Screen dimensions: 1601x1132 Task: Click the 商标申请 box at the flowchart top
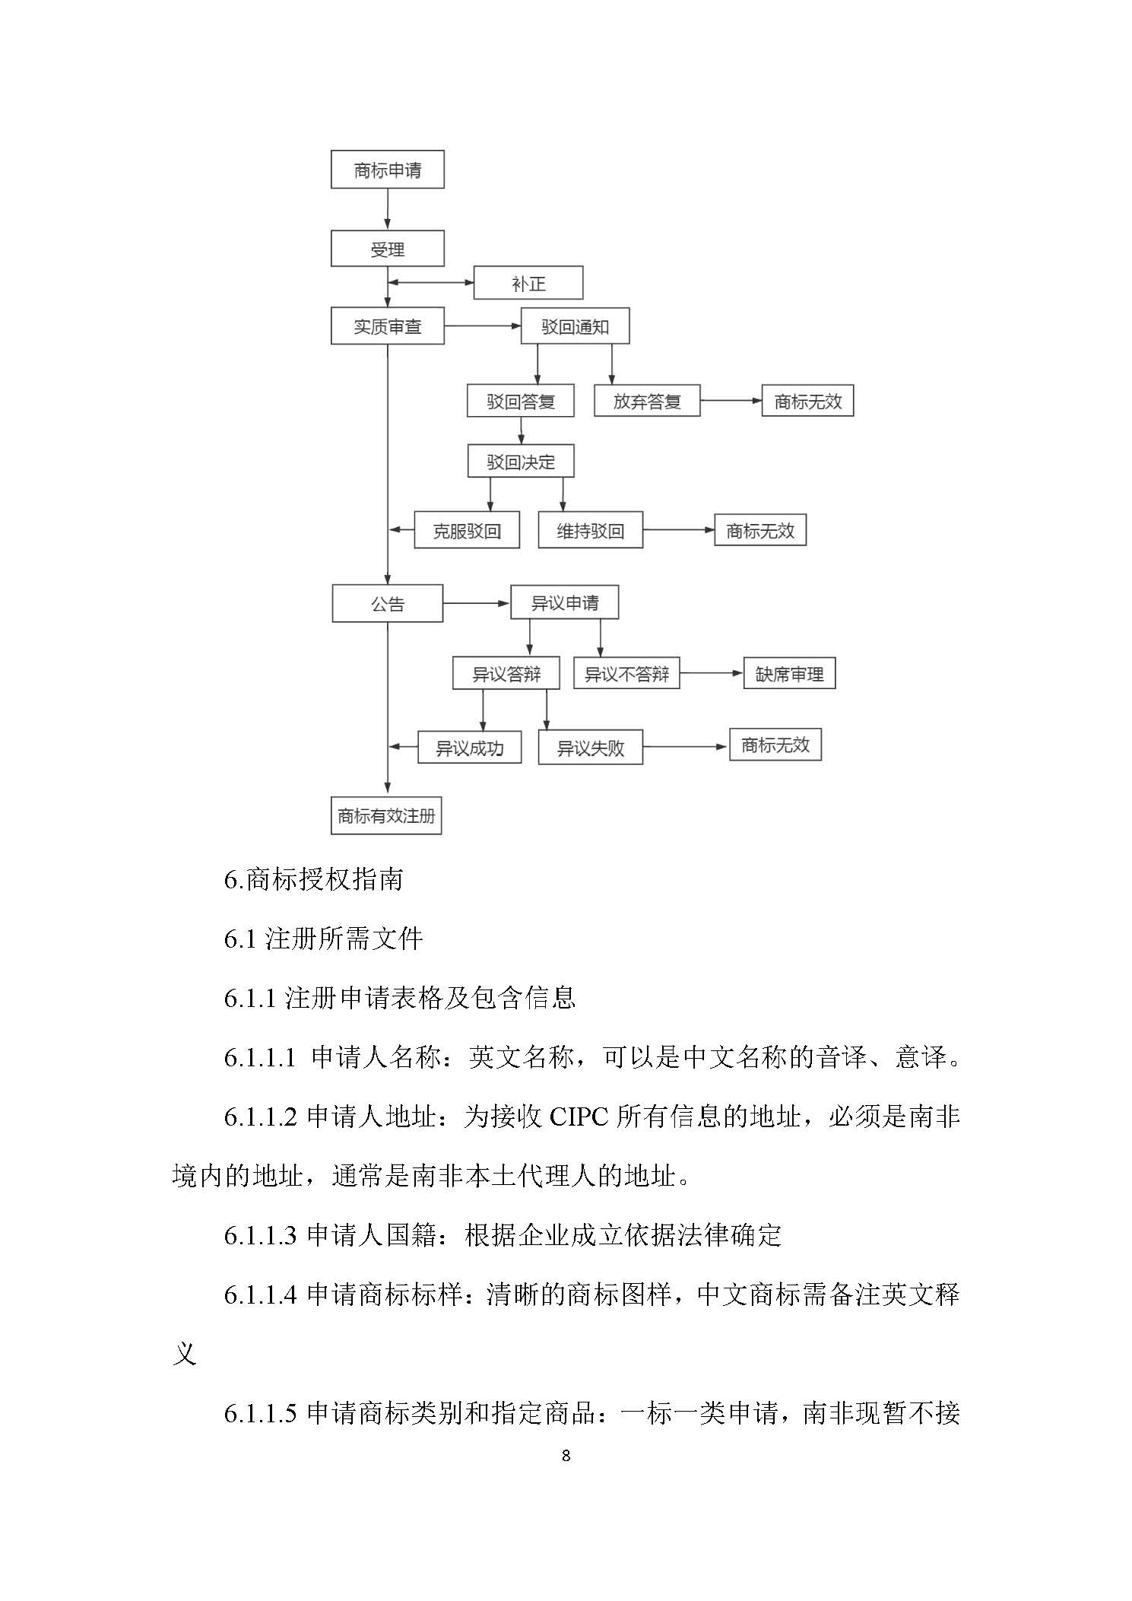coord(387,170)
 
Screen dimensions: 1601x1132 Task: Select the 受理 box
coord(387,249)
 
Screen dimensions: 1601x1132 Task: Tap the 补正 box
coord(528,283)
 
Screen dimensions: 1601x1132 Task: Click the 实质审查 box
coord(387,326)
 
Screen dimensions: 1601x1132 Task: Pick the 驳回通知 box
coord(575,326)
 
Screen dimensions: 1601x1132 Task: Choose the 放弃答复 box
coord(646,401)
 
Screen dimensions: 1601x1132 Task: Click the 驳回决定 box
coord(521,462)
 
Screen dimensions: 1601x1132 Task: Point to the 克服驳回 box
coord(467,530)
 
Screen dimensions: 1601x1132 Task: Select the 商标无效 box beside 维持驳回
coord(759,530)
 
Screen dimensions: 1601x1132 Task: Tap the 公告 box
coord(387,604)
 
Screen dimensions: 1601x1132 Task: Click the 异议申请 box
coord(564,603)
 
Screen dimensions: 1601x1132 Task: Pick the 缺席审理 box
coord(789,674)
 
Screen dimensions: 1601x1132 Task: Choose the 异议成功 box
coord(469,748)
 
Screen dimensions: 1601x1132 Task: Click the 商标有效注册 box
coord(386,816)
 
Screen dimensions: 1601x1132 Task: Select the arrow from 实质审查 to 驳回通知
coord(482,326)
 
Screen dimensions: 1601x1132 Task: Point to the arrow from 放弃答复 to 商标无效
coord(731,401)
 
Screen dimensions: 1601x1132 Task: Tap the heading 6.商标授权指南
coord(313,880)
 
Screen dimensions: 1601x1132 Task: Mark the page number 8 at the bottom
coord(566,1456)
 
